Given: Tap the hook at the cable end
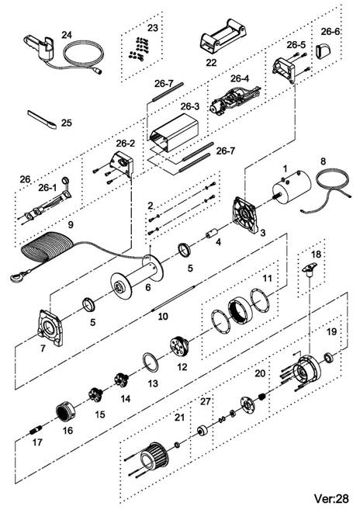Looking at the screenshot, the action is (x=16, y=276).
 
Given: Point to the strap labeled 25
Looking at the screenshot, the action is (x=42, y=119).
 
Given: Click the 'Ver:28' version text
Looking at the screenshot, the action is (x=331, y=498).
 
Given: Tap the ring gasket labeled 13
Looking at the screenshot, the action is (x=151, y=362).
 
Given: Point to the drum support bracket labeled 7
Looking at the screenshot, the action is (x=50, y=328).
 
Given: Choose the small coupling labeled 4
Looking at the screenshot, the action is (x=211, y=234).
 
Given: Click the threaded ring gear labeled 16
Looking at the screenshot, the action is (x=65, y=413).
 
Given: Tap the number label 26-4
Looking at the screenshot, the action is (x=240, y=79).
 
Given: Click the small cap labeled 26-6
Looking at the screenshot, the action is (x=323, y=50).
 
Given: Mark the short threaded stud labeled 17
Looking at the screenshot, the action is (x=36, y=430).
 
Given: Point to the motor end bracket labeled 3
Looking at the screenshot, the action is (x=245, y=214).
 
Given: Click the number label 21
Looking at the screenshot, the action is (x=179, y=418).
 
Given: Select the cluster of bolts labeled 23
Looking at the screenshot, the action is (x=139, y=49).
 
